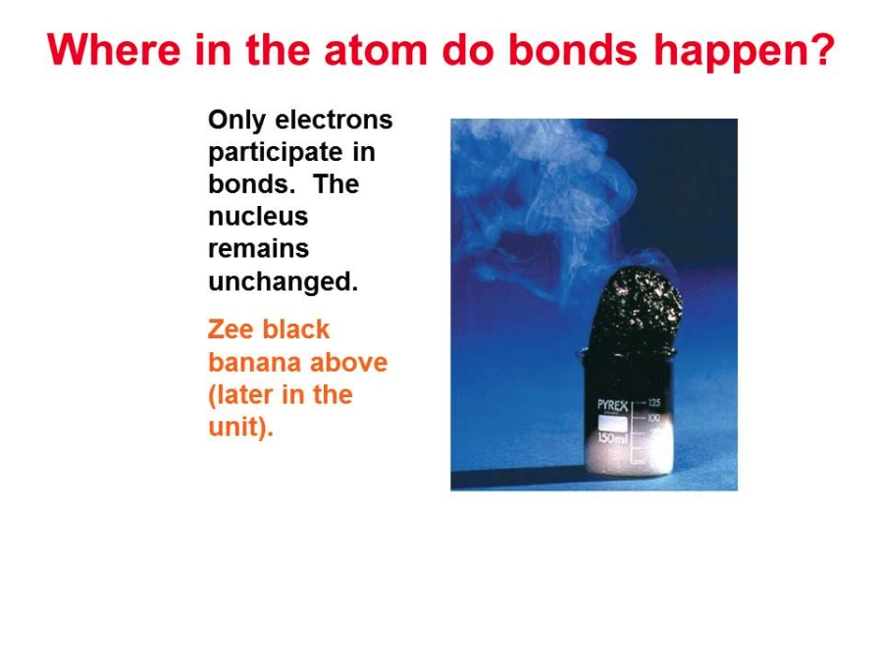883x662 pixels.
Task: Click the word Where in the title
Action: point(115,50)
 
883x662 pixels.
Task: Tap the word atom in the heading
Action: point(376,50)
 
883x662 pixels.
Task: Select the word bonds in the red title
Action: point(573,50)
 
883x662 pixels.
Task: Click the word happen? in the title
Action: point(745,52)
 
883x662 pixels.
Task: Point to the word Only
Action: point(236,121)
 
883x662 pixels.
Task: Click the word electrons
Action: point(334,120)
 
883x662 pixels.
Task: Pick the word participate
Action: point(276,153)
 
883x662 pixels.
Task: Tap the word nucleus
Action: point(258,217)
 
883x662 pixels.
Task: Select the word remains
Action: point(258,249)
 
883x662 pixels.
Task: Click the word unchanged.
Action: point(284,280)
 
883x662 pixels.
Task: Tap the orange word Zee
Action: point(231,330)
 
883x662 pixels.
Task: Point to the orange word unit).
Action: point(240,427)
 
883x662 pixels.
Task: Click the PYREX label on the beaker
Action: point(612,406)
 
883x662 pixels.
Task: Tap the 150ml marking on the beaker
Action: point(611,438)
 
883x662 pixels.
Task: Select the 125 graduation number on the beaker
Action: point(653,402)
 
